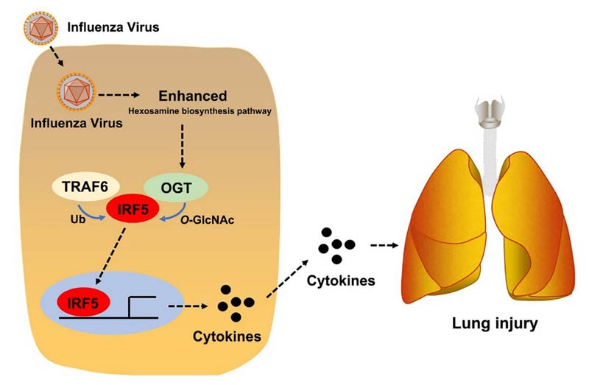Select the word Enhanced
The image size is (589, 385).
tap(192, 96)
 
